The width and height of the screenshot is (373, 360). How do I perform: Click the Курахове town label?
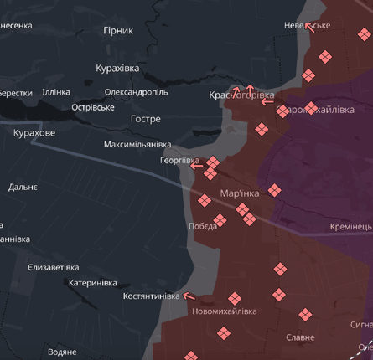34,133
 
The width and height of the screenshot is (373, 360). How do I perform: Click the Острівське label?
92,107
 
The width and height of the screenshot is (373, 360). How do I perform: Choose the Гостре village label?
145,119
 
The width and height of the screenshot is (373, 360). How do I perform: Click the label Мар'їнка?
240,193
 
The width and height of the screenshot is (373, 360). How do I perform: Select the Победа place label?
202,226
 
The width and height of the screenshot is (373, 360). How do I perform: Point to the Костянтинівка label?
151,296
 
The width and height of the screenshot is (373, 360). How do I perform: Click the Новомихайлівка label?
224,311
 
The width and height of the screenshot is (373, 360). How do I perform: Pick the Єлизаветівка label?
54,267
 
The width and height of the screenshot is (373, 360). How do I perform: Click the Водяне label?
62,352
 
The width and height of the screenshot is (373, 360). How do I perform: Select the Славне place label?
300,337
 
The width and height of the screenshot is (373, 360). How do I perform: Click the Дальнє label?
23,187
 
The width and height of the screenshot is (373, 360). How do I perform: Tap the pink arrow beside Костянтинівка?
189,295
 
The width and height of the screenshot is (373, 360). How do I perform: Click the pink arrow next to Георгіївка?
196,166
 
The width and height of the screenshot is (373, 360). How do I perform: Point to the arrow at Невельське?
309,27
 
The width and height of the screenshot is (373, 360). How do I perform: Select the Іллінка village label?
56,92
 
